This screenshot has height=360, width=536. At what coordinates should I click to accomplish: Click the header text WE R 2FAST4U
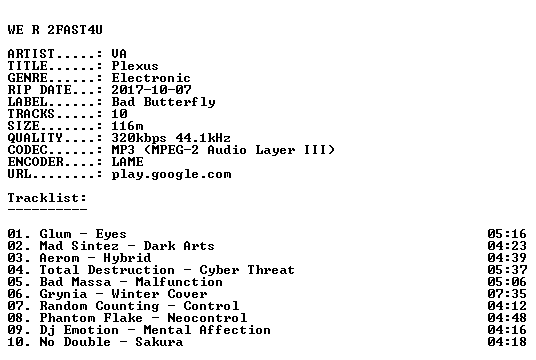55,30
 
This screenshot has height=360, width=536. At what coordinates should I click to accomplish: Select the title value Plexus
135,66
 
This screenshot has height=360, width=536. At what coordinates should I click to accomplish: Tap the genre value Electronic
151,78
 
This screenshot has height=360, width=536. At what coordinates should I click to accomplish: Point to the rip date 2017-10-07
151,90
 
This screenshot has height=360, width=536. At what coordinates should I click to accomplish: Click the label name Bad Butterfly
163,102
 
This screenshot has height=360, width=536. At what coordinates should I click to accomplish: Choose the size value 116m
127,126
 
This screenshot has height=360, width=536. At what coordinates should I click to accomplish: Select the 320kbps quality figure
139,138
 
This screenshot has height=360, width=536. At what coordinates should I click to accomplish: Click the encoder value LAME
128,162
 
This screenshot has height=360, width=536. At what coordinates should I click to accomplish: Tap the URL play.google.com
171,175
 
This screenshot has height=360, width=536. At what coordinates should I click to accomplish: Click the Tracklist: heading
47,198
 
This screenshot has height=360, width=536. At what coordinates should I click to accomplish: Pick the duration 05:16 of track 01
507,234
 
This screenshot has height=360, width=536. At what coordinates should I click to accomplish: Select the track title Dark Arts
179,246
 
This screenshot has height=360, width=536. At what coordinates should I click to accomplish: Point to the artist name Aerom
59,258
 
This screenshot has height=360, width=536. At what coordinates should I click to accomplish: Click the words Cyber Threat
247,270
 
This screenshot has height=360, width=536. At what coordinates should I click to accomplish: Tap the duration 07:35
507,294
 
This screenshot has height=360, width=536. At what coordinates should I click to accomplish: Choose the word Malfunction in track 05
179,282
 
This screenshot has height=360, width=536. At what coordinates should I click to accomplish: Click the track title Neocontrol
207,318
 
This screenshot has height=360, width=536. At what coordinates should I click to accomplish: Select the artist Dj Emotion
79,330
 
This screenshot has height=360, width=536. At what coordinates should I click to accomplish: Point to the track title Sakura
159,342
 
